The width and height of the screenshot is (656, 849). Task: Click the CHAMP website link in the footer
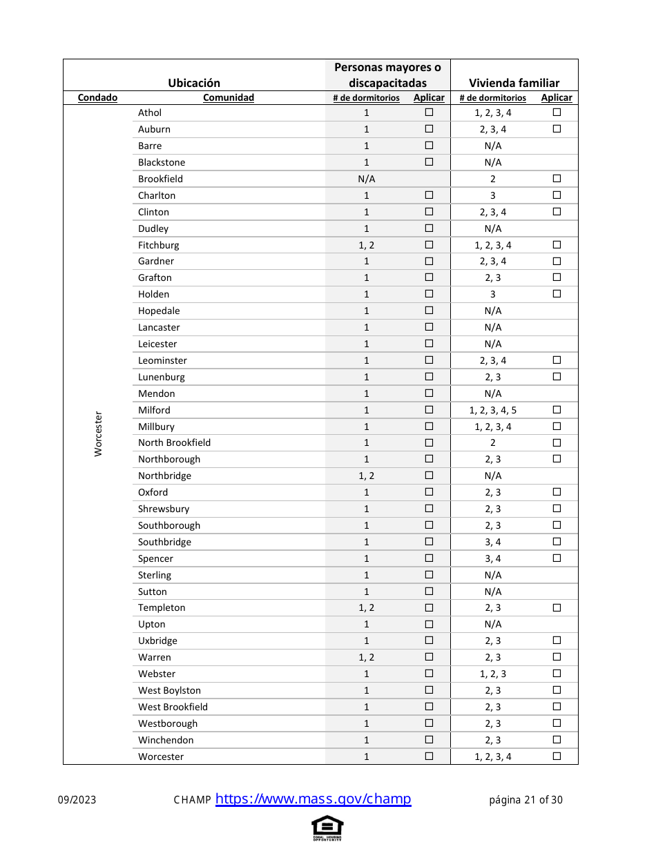click(x=313, y=799)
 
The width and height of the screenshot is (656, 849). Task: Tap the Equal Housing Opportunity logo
click(x=327, y=828)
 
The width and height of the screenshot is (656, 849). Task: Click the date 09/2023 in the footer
click(x=77, y=800)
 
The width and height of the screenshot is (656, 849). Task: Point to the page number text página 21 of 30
click(x=525, y=800)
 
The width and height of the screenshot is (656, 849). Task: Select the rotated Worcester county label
click(x=98, y=433)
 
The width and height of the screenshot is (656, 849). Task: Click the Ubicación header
click(x=194, y=83)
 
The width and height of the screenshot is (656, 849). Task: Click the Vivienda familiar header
click(x=514, y=83)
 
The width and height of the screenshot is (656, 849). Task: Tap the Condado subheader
click(x=97, y=98)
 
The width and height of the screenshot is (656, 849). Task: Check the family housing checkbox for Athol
click(x=557, y=113)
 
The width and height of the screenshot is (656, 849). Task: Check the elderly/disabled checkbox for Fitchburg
click(x=429, y=245)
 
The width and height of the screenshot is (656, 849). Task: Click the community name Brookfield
click(x=160, y=179)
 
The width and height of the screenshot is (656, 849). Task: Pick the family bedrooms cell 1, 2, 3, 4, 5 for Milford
click(x=493, y=410)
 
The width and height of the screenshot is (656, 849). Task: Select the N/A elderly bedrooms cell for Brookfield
click(x=367, y=179)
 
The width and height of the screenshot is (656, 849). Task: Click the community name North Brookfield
click(x=174, y=442)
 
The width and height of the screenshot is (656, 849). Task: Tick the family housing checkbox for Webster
click(x=557, y=674)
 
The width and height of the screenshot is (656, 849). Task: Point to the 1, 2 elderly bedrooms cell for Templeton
click(x=367, y=607)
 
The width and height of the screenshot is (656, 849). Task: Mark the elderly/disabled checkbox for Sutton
click(x=429, y=592)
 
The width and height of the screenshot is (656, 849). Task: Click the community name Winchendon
click(x=166, y=740)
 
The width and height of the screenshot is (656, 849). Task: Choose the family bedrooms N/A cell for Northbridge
click(x=493, y=476)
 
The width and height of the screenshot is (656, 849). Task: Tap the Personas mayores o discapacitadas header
click(x=387, y=75)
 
